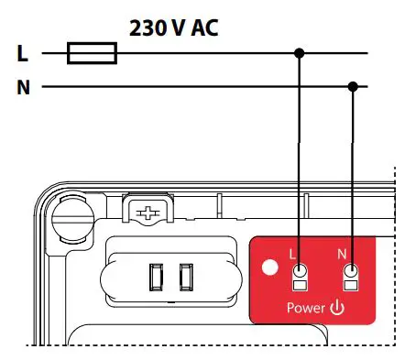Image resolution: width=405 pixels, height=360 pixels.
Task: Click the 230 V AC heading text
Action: [174, 27]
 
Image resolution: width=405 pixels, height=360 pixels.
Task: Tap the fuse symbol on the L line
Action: [93, 54]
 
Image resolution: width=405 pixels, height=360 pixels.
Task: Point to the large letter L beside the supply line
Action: [23, 54]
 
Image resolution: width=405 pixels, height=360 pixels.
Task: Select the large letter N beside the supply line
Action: [23, 88]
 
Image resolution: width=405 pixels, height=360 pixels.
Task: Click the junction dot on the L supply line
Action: [299, 54]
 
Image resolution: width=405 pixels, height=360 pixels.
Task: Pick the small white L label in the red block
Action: [291, 254]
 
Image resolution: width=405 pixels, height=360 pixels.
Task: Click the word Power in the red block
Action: [306, 308]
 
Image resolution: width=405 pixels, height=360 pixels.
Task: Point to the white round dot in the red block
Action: [269, 270]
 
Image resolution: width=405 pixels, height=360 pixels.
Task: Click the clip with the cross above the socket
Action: [147, 213]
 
